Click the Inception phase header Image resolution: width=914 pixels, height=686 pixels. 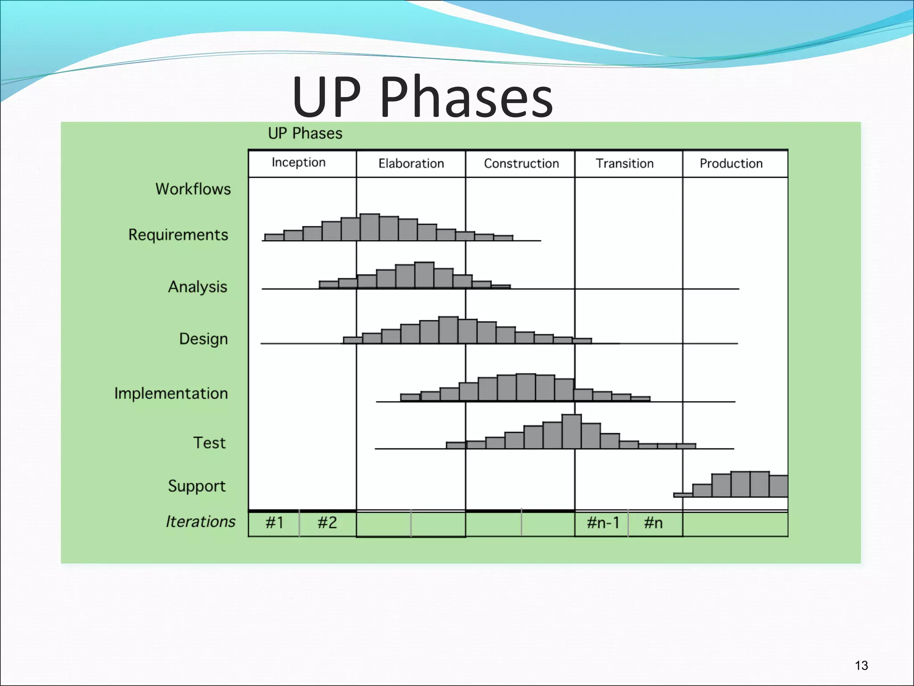click(299, 163)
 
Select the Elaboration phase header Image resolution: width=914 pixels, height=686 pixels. click(411, 163)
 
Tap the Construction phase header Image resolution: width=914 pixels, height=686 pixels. click(521, 163)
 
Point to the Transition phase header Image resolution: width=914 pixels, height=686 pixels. click(624, 163)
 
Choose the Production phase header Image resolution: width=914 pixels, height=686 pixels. click(731, 163)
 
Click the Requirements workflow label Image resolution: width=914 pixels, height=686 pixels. click(178, 235)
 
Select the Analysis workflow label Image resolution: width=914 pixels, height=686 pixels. click(197, 287)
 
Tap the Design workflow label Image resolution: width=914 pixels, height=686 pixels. click(204, 339)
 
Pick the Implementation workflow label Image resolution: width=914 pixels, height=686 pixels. click(171, 393)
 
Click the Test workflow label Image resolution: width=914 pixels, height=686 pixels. click(209, 443)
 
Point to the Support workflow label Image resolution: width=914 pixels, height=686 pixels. click(197, 486)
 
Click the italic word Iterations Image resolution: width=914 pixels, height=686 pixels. click(200, 522)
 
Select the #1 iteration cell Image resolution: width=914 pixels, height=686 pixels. click(274, 523)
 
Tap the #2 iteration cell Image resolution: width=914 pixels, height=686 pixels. click(327, 523)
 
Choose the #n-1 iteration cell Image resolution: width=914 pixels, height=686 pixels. click(602, 523)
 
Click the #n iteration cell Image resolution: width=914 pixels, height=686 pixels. click(653, 523)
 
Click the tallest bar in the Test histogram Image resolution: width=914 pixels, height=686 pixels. click(571, 432)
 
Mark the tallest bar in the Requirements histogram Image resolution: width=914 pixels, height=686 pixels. click(370, 227)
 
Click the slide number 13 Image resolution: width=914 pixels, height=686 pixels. click(861, 666)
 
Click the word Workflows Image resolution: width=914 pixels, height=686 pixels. click(193, 189)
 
